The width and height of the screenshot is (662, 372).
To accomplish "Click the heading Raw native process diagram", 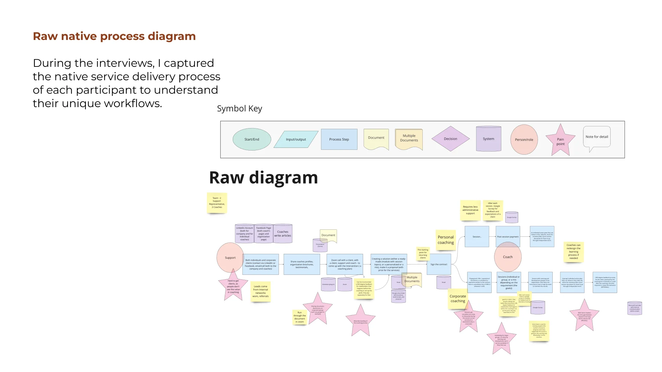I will [x=114, y=36].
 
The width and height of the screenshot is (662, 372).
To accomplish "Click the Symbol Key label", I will [x=239, y=108].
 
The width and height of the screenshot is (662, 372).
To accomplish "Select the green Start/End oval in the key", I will [x=252, y=139].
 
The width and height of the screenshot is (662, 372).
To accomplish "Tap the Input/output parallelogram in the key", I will [x=296, y=139].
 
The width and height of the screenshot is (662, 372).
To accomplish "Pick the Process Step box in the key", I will [x=339, y=139].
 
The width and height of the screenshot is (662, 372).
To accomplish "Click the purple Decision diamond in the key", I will [x=450, y=139].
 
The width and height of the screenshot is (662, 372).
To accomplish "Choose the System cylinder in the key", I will [x=488, y=139].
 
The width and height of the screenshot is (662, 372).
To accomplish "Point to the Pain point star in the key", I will [x=560, y=141].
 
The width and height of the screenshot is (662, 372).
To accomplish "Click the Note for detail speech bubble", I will [x=596, y=137].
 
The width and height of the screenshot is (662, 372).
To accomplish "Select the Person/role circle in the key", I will [x=524, y=139].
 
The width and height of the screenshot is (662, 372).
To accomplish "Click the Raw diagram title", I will [x=263, y=178].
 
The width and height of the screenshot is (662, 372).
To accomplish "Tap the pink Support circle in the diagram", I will [x=230, y=257].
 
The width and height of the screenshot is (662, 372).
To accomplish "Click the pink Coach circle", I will [x=508, y=257].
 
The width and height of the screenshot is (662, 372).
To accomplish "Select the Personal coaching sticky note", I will [x=445, y=240].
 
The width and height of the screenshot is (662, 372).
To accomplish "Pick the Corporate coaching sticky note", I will [x=458, y=299].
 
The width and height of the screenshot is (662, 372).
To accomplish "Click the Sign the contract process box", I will [x=439, y=264].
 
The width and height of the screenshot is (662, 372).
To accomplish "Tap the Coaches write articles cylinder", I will [x=283, y=234].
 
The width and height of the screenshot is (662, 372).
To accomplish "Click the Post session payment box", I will [x=508, y=237].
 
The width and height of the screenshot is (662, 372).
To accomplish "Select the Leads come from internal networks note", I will [x=260, y=291].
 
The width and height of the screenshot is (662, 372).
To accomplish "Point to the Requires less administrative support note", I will [x=470, y=210].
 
